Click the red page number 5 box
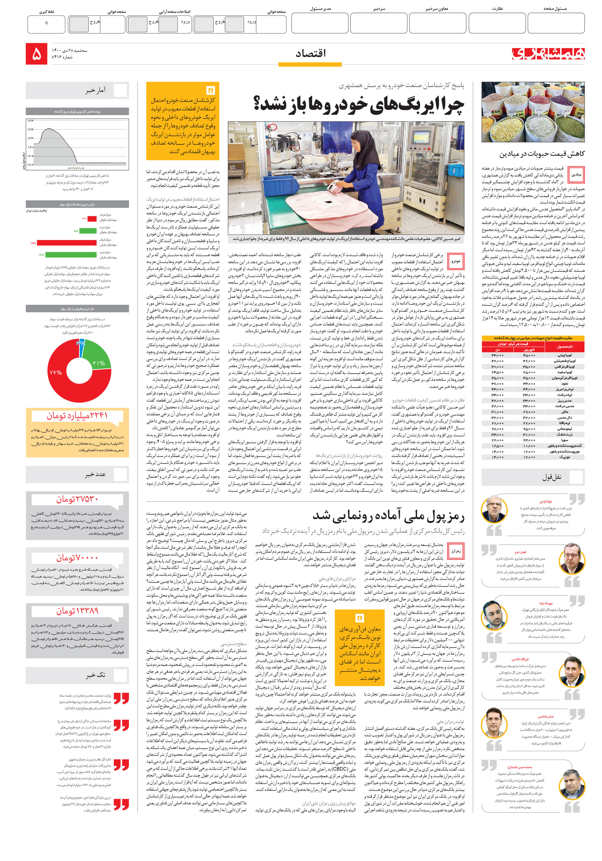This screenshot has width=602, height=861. (36, 54)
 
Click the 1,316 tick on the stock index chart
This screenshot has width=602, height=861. (30, 121)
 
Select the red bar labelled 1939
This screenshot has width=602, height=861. (67, 243)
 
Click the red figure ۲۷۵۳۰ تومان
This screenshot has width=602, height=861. (77, 499)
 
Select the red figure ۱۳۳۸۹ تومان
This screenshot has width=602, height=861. (77, 611)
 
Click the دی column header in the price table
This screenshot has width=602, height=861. (497, 350)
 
